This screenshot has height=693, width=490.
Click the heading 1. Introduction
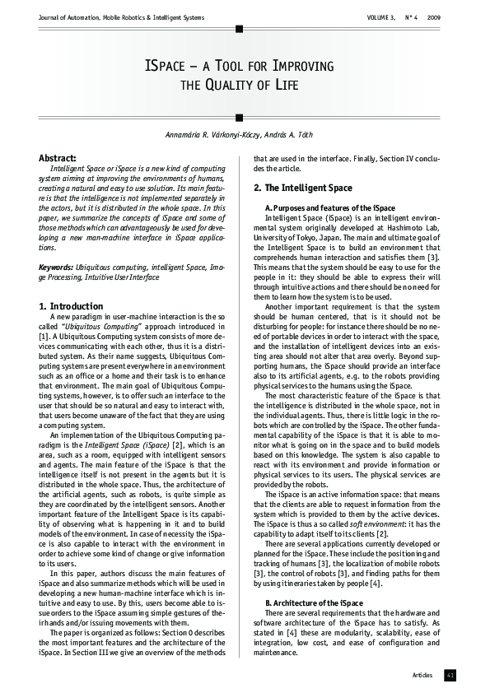click(71, 306)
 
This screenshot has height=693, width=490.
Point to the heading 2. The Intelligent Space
click(301, 188)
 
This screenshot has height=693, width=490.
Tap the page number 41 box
click(450, 675)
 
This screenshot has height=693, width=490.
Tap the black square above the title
click(239, 29)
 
